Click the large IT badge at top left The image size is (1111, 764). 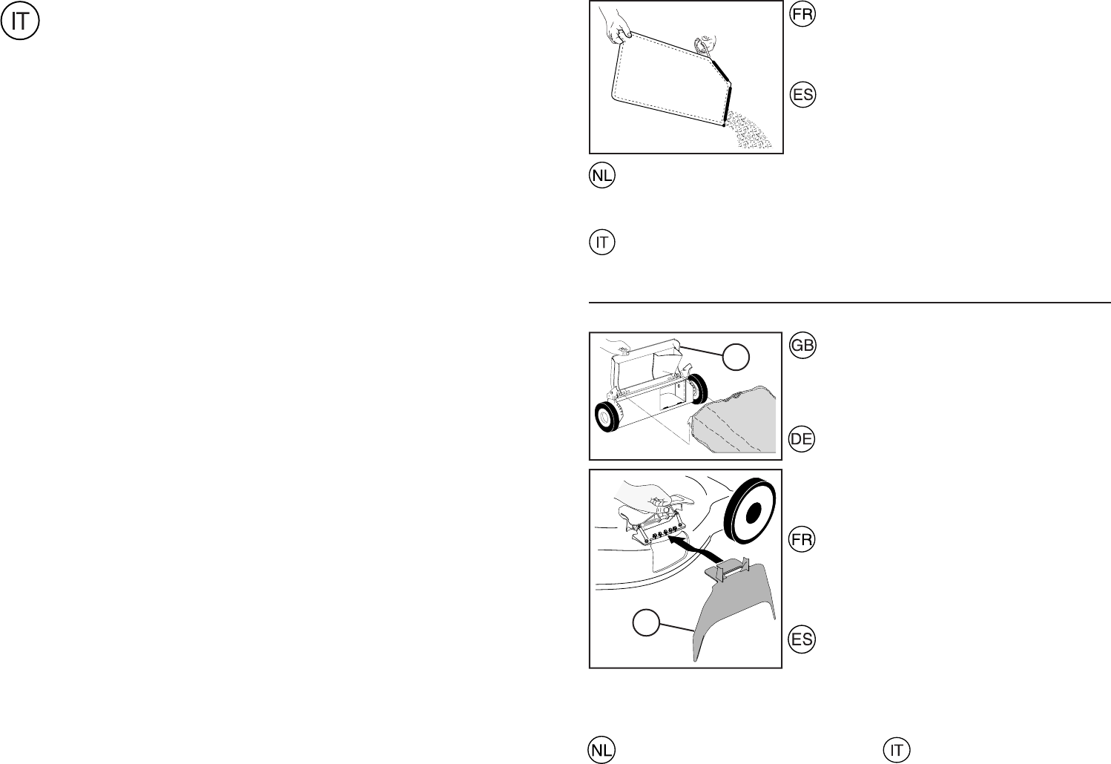click(x=21, y=22)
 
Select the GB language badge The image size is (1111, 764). click(x=802, y=346)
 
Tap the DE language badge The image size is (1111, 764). click(x=802, y=439)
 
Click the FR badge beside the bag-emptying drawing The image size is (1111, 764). click(x=802, y=16)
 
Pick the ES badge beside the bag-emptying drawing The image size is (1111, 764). click(x=802, y=95)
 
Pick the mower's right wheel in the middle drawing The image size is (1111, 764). click(x=696, y=387)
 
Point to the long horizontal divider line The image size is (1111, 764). click(x=849, y=303)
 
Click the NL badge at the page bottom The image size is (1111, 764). click(x=601, y=750)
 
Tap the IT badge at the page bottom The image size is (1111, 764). click(x=896, y=750)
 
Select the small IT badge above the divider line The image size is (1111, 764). click(x=602, y=243)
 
